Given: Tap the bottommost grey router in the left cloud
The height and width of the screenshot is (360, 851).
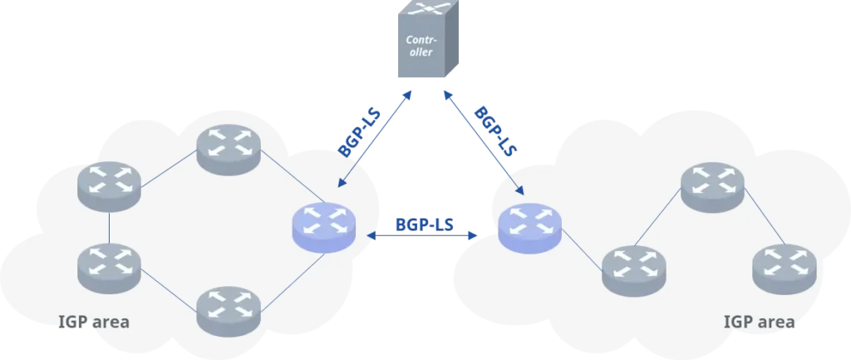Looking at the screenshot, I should [229, 310].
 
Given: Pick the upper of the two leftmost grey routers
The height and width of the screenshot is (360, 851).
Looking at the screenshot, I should [109, 185].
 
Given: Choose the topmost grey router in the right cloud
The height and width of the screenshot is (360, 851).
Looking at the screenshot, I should [712, 185].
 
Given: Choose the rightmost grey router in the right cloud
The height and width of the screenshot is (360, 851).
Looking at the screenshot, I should [784, 268].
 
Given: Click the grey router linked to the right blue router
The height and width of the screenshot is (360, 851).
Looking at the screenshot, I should [634, 269].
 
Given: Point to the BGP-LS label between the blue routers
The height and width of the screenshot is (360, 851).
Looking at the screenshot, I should [424, 224].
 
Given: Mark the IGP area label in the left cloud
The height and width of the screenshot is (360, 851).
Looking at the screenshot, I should [93, 321].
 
